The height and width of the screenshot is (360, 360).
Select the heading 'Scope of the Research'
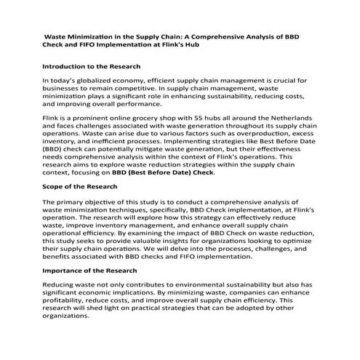point(80,186)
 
